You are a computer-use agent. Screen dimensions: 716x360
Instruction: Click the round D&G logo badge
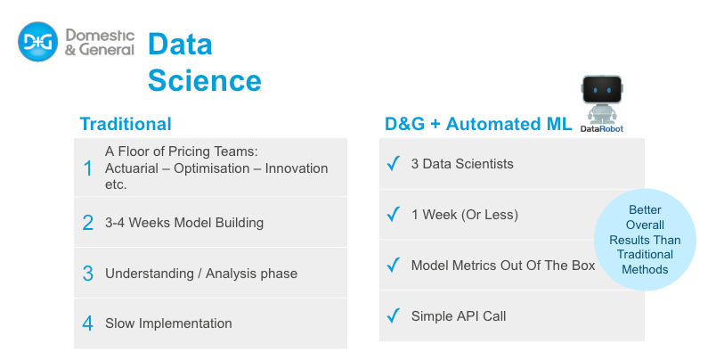[x=38, y=42]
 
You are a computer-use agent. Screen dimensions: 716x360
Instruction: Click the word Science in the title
[x=205, y=80]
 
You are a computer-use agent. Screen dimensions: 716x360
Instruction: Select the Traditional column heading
[x=126, y=124]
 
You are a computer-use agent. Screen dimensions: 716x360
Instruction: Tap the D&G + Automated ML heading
[x=478, y=124]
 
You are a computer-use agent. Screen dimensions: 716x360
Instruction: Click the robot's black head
[x=602, y=89]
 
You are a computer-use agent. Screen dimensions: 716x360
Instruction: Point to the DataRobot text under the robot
[x=601, y=129]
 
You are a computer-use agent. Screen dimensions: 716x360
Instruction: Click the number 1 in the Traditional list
[x=87, y=168]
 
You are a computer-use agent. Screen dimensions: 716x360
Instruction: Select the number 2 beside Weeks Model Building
[x=87, y=223]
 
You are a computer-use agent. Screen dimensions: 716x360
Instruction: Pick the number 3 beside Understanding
[x=87, y=274]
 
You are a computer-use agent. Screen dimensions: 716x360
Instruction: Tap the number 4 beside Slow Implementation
[x=87, y=323]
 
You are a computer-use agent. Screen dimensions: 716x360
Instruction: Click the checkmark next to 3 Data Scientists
[x=393, y=163]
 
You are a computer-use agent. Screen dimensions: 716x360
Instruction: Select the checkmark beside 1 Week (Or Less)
[x=393, y=214]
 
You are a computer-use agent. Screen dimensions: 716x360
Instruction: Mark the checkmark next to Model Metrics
[x=393, y=265]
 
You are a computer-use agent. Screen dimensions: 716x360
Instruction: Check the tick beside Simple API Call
[x=393, y=315]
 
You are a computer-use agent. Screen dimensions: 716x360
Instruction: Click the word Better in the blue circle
[x=645, y=209]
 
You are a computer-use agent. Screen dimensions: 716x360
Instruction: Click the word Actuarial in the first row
[x=132, y=168]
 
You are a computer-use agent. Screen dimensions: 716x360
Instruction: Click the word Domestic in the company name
[x=100, y=35]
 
